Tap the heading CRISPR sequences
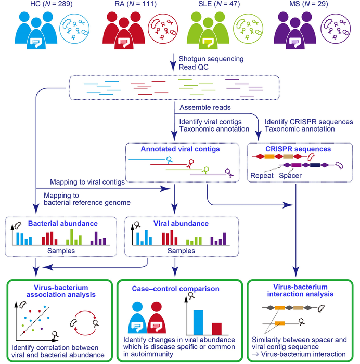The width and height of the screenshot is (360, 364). pyautogui.click(x=296, y=149)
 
